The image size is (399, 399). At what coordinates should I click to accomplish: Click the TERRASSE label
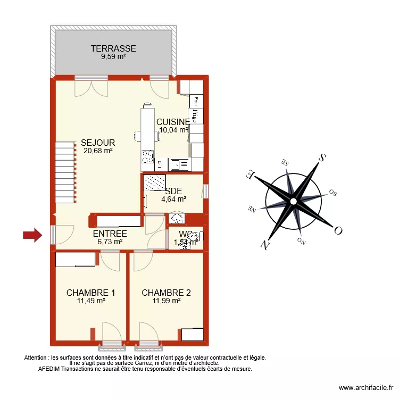(113, 48)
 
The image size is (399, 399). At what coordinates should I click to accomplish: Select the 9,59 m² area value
(113, 56)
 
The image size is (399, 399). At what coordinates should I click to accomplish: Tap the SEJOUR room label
(98, 143)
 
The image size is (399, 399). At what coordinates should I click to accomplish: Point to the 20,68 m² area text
(98, 151)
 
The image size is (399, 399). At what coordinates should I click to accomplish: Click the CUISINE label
(173, 122)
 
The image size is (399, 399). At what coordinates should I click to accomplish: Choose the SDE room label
(173, 192)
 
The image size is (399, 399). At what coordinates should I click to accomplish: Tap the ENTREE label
(110, 234)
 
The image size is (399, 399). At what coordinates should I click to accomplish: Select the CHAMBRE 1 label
(90, 293)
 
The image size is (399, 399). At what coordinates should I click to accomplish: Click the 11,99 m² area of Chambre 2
(166, 301)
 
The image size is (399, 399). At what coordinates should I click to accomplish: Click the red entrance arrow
(32, 235)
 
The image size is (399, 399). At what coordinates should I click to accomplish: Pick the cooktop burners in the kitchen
(147, 156)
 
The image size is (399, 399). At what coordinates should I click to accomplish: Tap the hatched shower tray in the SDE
(155, 183)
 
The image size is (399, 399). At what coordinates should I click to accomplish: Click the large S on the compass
(321, 157)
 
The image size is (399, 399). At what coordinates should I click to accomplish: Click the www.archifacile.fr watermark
(365, 388)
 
